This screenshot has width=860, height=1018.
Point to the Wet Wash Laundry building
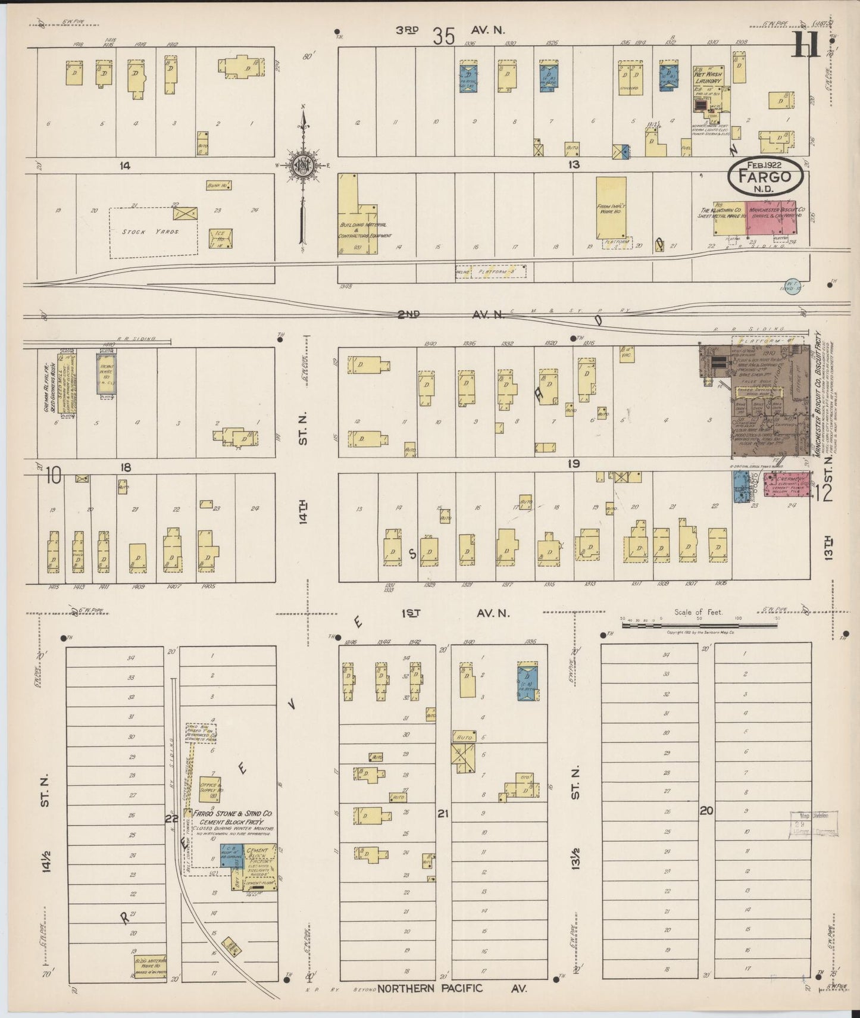pos(708,89)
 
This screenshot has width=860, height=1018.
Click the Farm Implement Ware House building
pos(611,208)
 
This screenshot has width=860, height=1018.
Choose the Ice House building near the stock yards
pos(220,238)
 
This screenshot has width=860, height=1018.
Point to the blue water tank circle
pos(793,288)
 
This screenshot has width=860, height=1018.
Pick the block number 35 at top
pos(444,37)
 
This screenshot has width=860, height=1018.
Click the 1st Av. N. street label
pos(455,613)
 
